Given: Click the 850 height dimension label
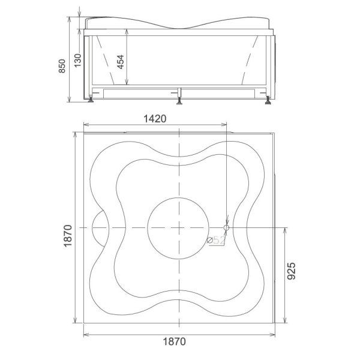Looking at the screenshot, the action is tap(62, 66).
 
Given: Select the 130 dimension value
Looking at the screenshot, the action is tap(78, 60).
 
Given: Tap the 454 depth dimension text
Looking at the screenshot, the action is tap(121, 62).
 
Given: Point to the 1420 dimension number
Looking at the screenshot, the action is tap(155, 119).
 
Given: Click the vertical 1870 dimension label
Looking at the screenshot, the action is tap(68, 236).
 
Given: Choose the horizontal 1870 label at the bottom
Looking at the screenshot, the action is tap(174, 341).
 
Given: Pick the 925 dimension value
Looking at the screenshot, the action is tap(292, 271).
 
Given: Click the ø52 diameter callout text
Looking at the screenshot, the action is tap(215, 241).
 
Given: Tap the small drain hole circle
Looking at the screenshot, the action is tap(226, 227).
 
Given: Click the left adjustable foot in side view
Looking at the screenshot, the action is tap(91, 100).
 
